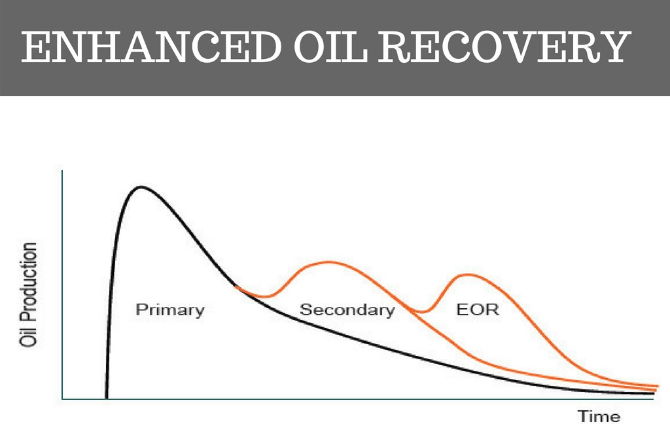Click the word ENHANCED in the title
coord(151,46)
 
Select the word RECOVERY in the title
coord(505,46)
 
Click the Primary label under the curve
coord(170,309)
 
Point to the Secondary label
coord(347,309)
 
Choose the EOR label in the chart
coord(477,309)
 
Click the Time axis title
coord(599,416)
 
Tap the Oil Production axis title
coord(29,295)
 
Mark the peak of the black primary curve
coord(141,187)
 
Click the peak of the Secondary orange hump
coord(328,262)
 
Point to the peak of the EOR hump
coord(468,275)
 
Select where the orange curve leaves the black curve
coord(236,286)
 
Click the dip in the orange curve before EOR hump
coord(421,312)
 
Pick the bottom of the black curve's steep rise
coord(107,397)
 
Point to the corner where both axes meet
coord(62,399)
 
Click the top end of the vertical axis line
coord(62,171)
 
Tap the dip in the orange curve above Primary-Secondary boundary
coord(266,296)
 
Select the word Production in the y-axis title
coord(29,283)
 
